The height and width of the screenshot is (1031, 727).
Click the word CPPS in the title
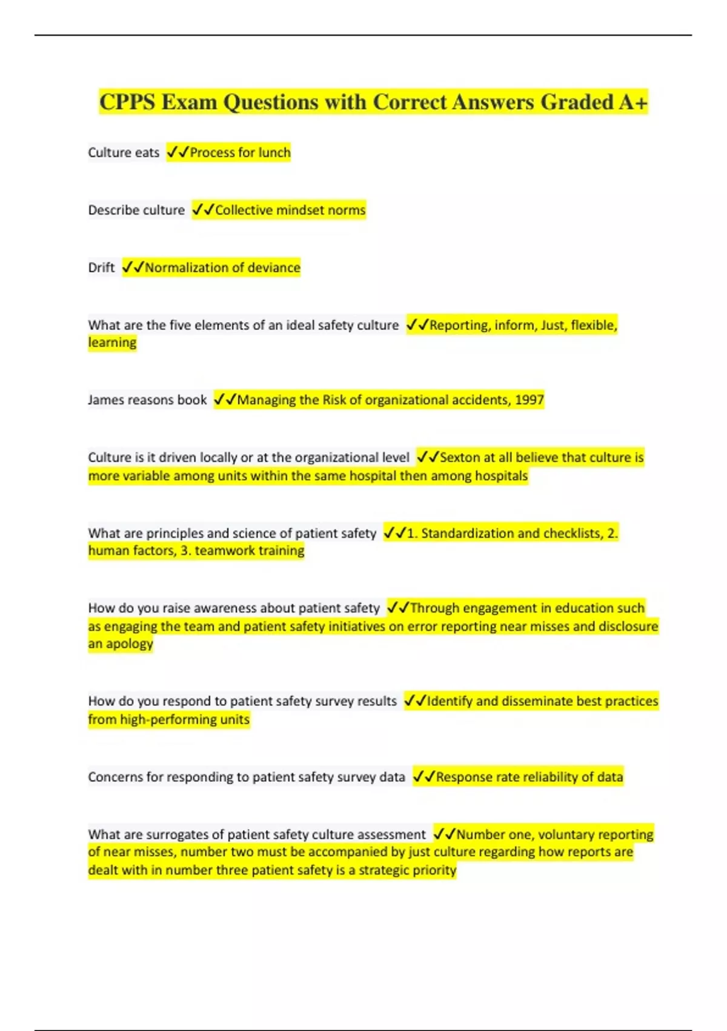tap(127, 102)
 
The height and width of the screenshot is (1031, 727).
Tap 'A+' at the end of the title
tap(633, 102)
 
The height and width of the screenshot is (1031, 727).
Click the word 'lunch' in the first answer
tap(274, 152)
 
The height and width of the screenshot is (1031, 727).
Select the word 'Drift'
tap(101, 267)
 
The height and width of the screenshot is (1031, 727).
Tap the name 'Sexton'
tap(459, 457)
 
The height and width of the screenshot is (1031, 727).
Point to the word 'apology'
tap(130, 644)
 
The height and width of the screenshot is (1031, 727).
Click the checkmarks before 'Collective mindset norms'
tap(203, 210)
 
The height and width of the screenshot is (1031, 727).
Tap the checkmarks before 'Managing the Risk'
tap(225, 400)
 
